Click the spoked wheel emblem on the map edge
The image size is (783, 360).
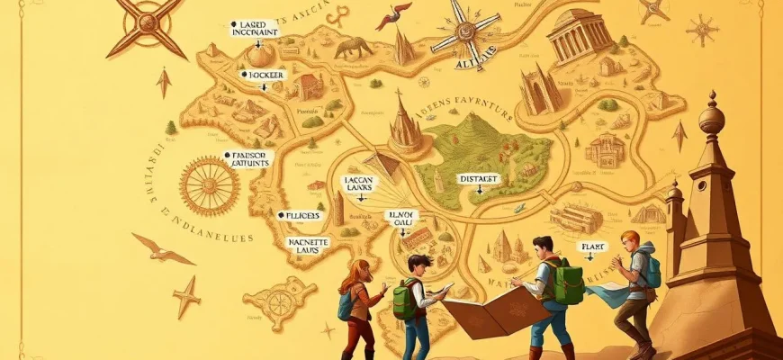coord(209,184)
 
